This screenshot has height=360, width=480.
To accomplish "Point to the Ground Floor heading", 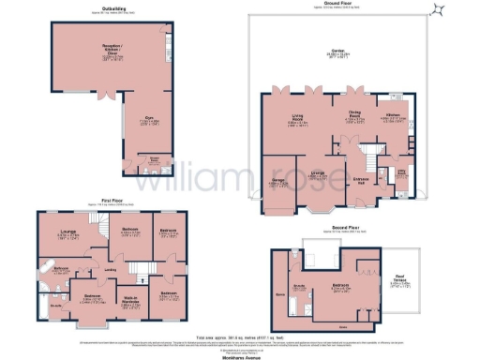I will (338, 3).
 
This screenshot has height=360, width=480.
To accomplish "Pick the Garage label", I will (280, 183).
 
